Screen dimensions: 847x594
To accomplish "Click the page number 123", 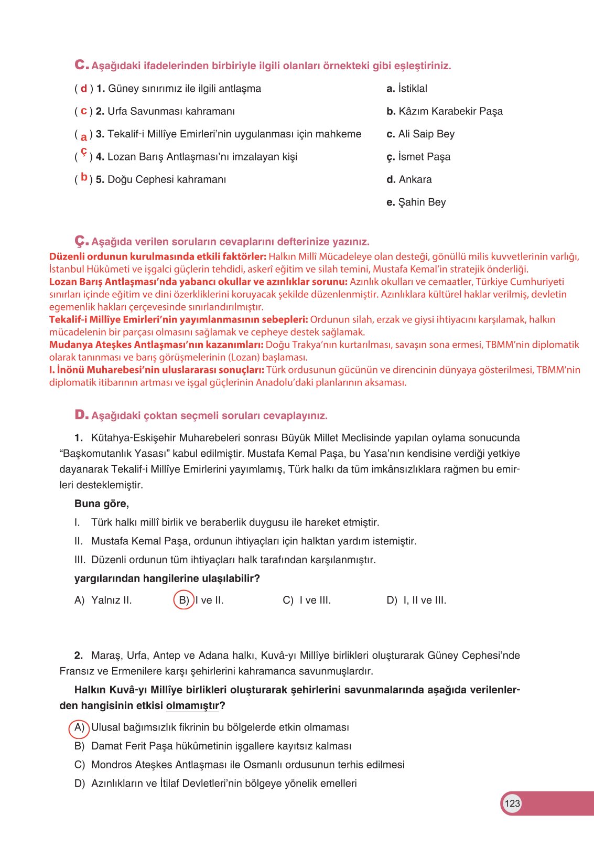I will click(512, 803).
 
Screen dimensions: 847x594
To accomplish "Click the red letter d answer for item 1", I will click(84, 89).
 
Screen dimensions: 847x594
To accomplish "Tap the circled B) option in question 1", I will click(183, 600).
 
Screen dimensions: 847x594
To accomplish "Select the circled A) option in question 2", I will click(79, 727).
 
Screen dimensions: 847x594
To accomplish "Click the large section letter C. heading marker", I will click(81, 65).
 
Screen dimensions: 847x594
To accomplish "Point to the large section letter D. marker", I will click(81, 415).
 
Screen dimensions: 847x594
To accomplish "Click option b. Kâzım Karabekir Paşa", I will click(445, 111).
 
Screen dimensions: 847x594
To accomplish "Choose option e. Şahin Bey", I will click(416, 202).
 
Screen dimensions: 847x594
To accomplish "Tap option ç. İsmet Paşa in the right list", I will click(418, 157).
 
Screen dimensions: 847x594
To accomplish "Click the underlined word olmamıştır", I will click(192, 706).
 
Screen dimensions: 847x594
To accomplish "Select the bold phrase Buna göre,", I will click(102, 503).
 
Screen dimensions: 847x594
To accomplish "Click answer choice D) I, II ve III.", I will click(416, 601).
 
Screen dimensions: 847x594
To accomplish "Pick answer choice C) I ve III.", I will click(307, 601).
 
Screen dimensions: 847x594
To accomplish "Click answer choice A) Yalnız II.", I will click(103, 601).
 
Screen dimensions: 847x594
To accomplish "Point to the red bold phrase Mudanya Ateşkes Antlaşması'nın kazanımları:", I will click(156, 345).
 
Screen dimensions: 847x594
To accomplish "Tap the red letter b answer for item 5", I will click(84, 178).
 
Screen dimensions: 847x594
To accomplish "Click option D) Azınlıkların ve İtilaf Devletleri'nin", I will click(215, 784).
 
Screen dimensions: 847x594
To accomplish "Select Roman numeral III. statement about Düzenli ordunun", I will click(225, 560).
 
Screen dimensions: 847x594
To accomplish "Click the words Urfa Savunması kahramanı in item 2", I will click(171, 111).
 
